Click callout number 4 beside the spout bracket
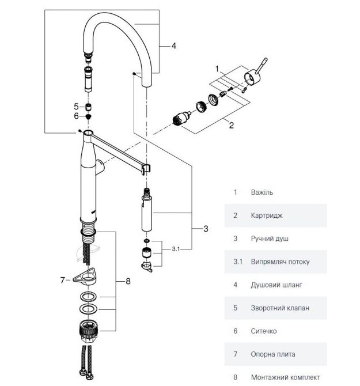click(174, 46)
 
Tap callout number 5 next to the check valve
click(76, 107)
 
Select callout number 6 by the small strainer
click(76, 116)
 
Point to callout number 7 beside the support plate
click(63, 280)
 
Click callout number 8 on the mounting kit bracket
click(128, 281)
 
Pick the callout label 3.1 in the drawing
click(176, 249)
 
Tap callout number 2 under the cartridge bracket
click(232, 125)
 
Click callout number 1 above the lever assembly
click(217, 69)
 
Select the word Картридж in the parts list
click(267, 215)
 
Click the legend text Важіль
click(262, 192)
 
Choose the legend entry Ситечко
click(264, 331)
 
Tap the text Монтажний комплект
click(286, 377)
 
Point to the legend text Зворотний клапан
click(280, 308)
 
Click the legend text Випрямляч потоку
click(280, 262)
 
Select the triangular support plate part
click(85, 277)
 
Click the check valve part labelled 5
click(88, 107)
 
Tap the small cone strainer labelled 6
click(88, 116)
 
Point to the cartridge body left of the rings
click(182, 119)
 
